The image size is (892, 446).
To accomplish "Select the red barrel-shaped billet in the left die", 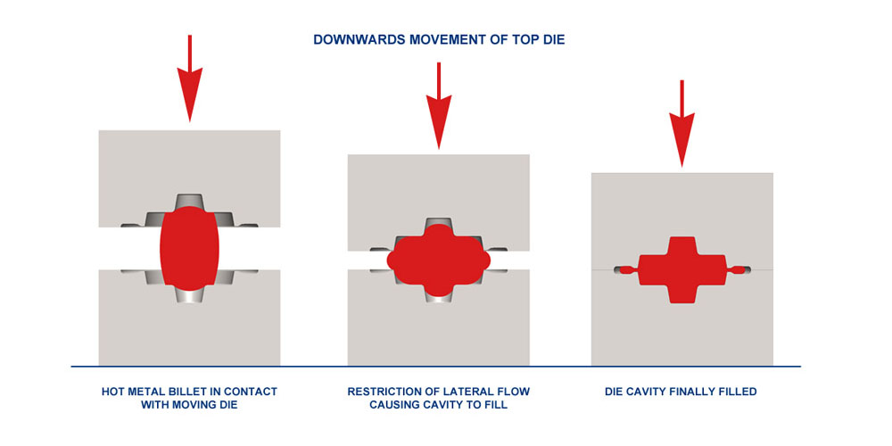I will click(x=189, y=249).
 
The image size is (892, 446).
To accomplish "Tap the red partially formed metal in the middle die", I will click(x=439, y=259).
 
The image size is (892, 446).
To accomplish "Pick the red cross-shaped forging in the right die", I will click(x=682, y=268).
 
